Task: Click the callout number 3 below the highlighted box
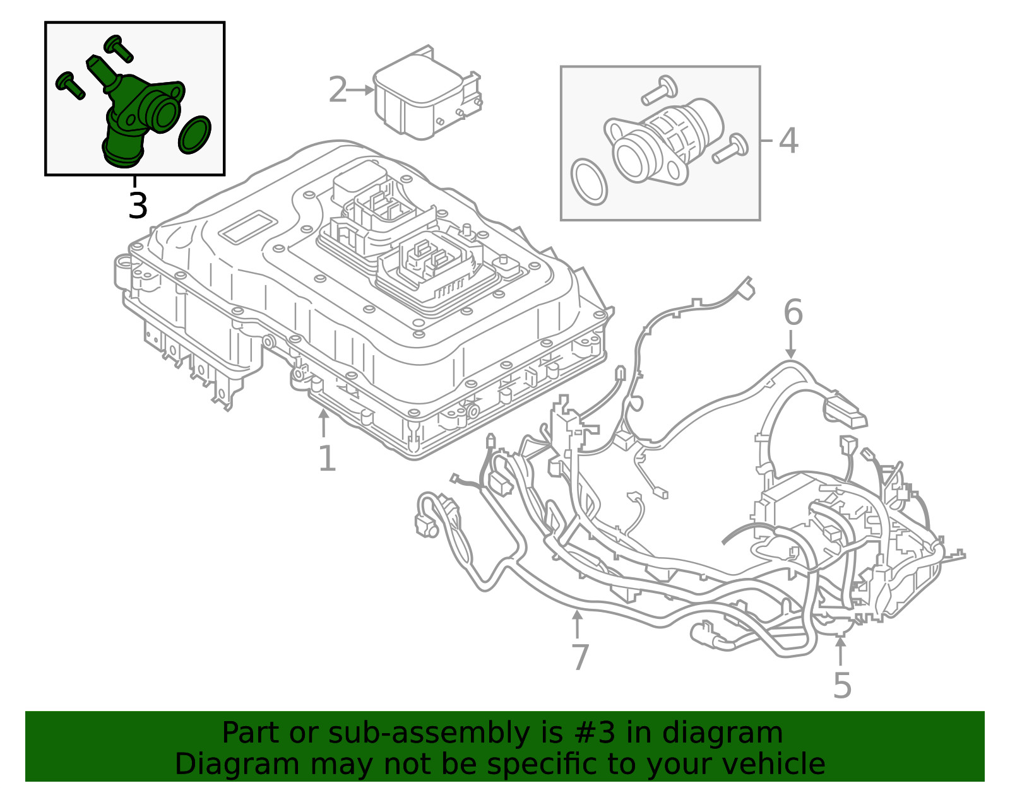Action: (138, 206)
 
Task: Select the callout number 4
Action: (788, 140)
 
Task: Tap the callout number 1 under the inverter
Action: (326, 459)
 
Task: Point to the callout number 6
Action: (793, 312)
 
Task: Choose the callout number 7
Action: (579, 657)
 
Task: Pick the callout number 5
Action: (842, 685)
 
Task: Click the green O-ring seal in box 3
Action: (194, 135)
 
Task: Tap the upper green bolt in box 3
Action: (118, 47)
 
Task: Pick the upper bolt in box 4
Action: (657, 90)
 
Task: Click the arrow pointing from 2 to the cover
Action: (361, 90)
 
